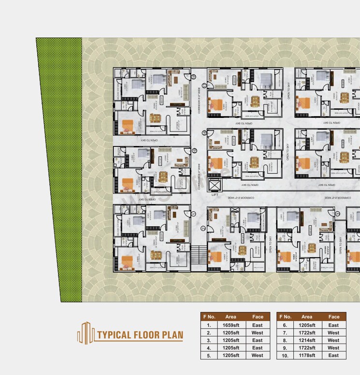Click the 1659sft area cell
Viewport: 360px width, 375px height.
click(x=231, y=325)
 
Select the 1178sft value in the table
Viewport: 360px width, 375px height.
click(x=307, y=355)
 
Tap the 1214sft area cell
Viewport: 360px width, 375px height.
click(x=307, y=340)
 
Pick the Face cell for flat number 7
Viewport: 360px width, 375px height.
click(x=333, y=333)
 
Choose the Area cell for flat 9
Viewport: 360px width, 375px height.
click(x=307, y=348)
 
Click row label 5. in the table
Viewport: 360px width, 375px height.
click(x=209, y=355)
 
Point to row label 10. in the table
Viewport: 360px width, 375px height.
click(x=285, y=355)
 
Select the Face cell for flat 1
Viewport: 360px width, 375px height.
click(x=258, y=325)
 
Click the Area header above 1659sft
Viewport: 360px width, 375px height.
click(x=231, y=317)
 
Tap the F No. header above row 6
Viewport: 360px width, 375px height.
click(x=285, y=317)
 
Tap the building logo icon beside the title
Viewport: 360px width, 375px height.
click(x=86, y=332)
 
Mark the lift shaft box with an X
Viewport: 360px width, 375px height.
click(x=215, y=185)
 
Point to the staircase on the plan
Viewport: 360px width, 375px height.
click(x=197, y=254)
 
